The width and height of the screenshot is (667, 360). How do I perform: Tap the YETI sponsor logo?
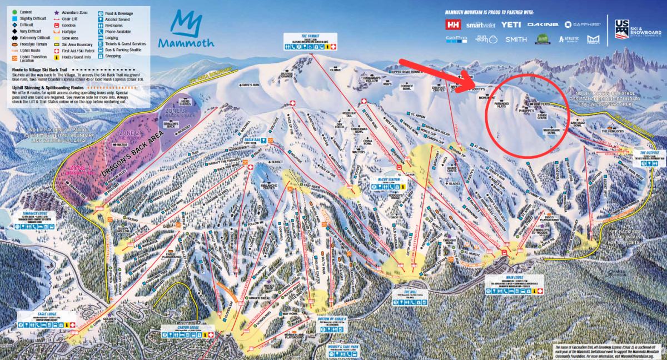[511, 25]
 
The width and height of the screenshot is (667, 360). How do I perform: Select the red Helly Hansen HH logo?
[453, 25]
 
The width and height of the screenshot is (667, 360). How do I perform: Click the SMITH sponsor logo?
[516, 39]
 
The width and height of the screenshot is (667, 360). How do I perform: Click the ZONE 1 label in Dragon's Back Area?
[80, 167]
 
